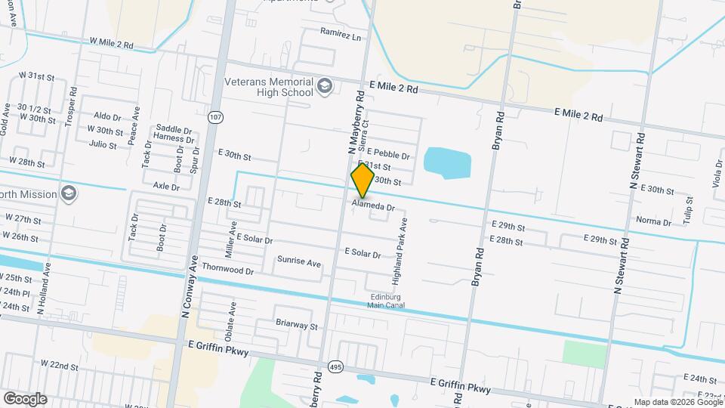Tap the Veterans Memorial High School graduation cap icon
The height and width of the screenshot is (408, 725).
(x=325, y=86)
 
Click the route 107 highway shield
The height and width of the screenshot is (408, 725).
(x=217, y=117)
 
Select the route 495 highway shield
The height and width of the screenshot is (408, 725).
(x=337, y=367)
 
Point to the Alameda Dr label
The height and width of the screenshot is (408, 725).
(x=374, y=206)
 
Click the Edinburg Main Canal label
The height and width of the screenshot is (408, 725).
(x=387, y=301)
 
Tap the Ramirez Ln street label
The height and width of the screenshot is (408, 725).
(x=341, y=36)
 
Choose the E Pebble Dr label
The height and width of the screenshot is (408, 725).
(x=388, y=155)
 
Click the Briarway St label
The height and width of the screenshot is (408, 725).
(x=297, y=326)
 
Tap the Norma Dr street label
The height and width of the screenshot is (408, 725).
(x=654, y=222)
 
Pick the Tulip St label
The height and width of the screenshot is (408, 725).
(x=689, y=208)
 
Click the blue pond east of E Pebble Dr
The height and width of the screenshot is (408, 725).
(x=447, y=162)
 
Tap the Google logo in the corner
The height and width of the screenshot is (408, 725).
(x=25, y=398)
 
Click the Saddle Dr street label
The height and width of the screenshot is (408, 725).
(x=174, y=129)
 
